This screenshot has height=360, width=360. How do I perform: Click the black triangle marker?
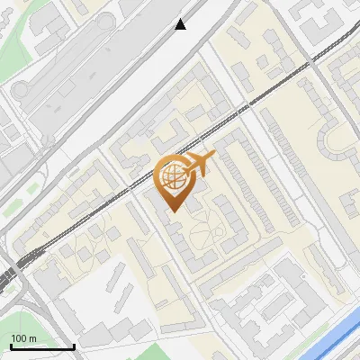(x=181, y=25)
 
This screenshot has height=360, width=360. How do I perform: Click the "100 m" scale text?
(x=24, y=338)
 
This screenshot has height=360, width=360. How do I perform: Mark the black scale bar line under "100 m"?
(x=41, y=346)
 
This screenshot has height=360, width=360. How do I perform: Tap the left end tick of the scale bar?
(x=10, y=346)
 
